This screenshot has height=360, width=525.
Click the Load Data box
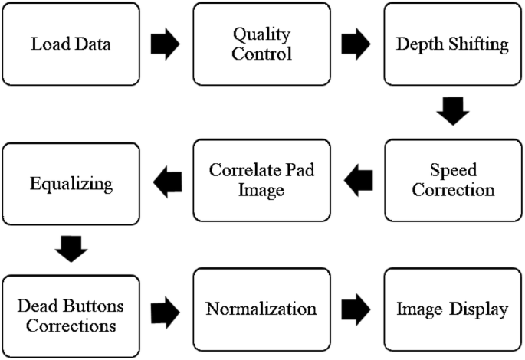[x=71, y=44]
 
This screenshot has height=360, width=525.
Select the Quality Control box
[x=262, y=44]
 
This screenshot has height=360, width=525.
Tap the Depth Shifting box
[x=452, y=44]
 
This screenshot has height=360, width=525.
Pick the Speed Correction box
[x=452, y=180]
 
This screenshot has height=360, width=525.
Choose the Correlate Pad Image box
[x=262, y=180]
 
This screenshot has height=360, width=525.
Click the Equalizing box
[x=71, y=184]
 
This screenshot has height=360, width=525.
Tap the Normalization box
[x=262, y=310]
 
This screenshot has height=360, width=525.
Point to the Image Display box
[x=452, y=310]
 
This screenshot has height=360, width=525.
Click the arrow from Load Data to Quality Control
[x=166, y=44]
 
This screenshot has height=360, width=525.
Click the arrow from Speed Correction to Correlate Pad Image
[x=358, y=181]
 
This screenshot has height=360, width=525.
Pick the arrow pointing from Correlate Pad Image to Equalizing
[x=167, y=181]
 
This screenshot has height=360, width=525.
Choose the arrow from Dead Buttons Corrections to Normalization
[x=166, y=310]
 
